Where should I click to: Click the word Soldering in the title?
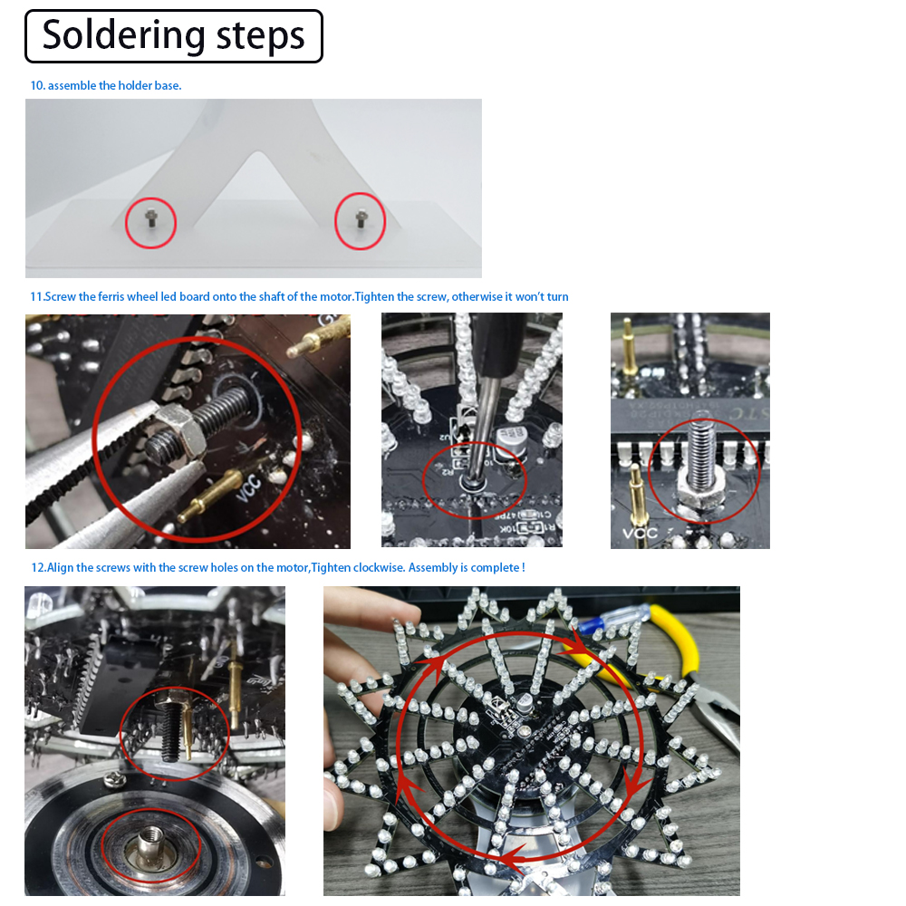124,35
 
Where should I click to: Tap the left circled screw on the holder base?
150,218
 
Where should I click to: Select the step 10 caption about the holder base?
106,86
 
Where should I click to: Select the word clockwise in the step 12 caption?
374,568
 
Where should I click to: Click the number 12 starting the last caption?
37,568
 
